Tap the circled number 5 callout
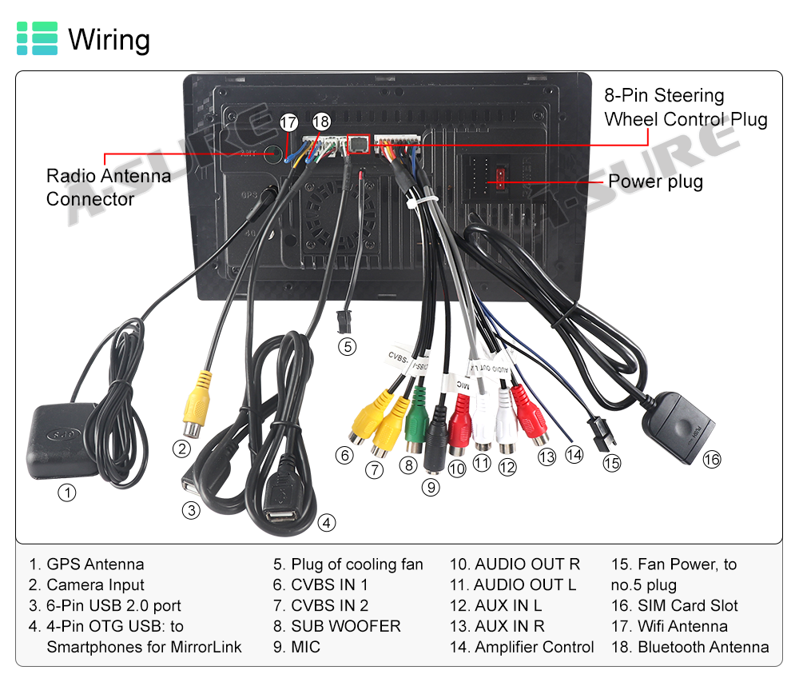[x=346, y=346]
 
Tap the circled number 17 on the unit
[x=288, y=122]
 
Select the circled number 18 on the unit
[x=321, y=122]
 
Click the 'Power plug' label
[x=655, y=181]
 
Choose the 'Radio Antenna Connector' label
[x=108, y=187]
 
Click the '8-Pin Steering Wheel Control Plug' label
[x=685, y=108]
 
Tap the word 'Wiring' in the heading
[x=109, y=39]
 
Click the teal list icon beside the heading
[x=37, y=38]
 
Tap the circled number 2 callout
[x=182, y=449]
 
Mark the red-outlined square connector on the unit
[x=359, y=145]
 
